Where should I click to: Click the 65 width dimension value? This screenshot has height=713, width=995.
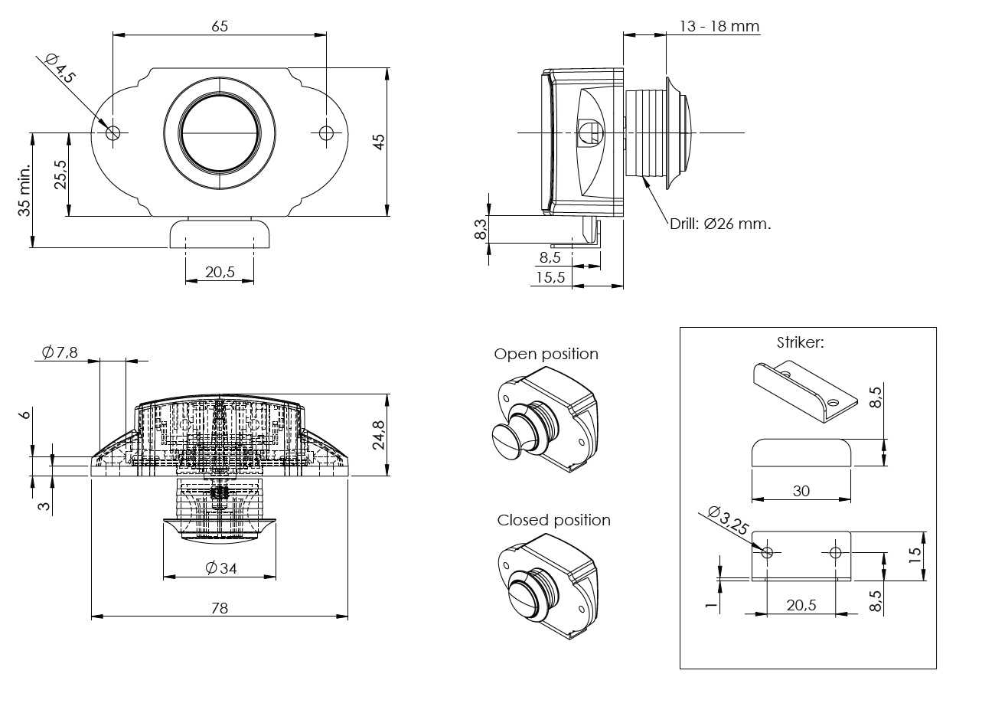pos(220,26)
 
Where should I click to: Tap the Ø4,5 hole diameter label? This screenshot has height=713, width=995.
pos(61,67)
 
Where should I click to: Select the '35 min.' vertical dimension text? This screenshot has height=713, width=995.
pos(25,189)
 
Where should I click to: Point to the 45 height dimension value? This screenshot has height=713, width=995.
pos(379,142)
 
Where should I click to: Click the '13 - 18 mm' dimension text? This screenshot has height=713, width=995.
pos(719,27)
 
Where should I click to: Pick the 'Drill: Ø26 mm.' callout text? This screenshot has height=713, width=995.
pos(720,224)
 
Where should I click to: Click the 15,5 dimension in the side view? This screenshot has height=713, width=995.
pos(550,277)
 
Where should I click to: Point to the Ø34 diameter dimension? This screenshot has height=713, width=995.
pos(220,567)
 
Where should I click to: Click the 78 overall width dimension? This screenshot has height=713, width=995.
pos(220,608)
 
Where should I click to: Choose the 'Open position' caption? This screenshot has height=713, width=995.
pos(546,354)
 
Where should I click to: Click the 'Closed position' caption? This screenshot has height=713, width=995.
pos(553,520)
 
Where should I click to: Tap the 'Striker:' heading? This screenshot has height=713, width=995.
pos(800,342)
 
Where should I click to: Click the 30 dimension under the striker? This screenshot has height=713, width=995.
pos(801,491)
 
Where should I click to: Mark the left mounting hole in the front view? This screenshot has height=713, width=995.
pos(113,132)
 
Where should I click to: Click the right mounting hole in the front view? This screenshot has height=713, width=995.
pos(326,132)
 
